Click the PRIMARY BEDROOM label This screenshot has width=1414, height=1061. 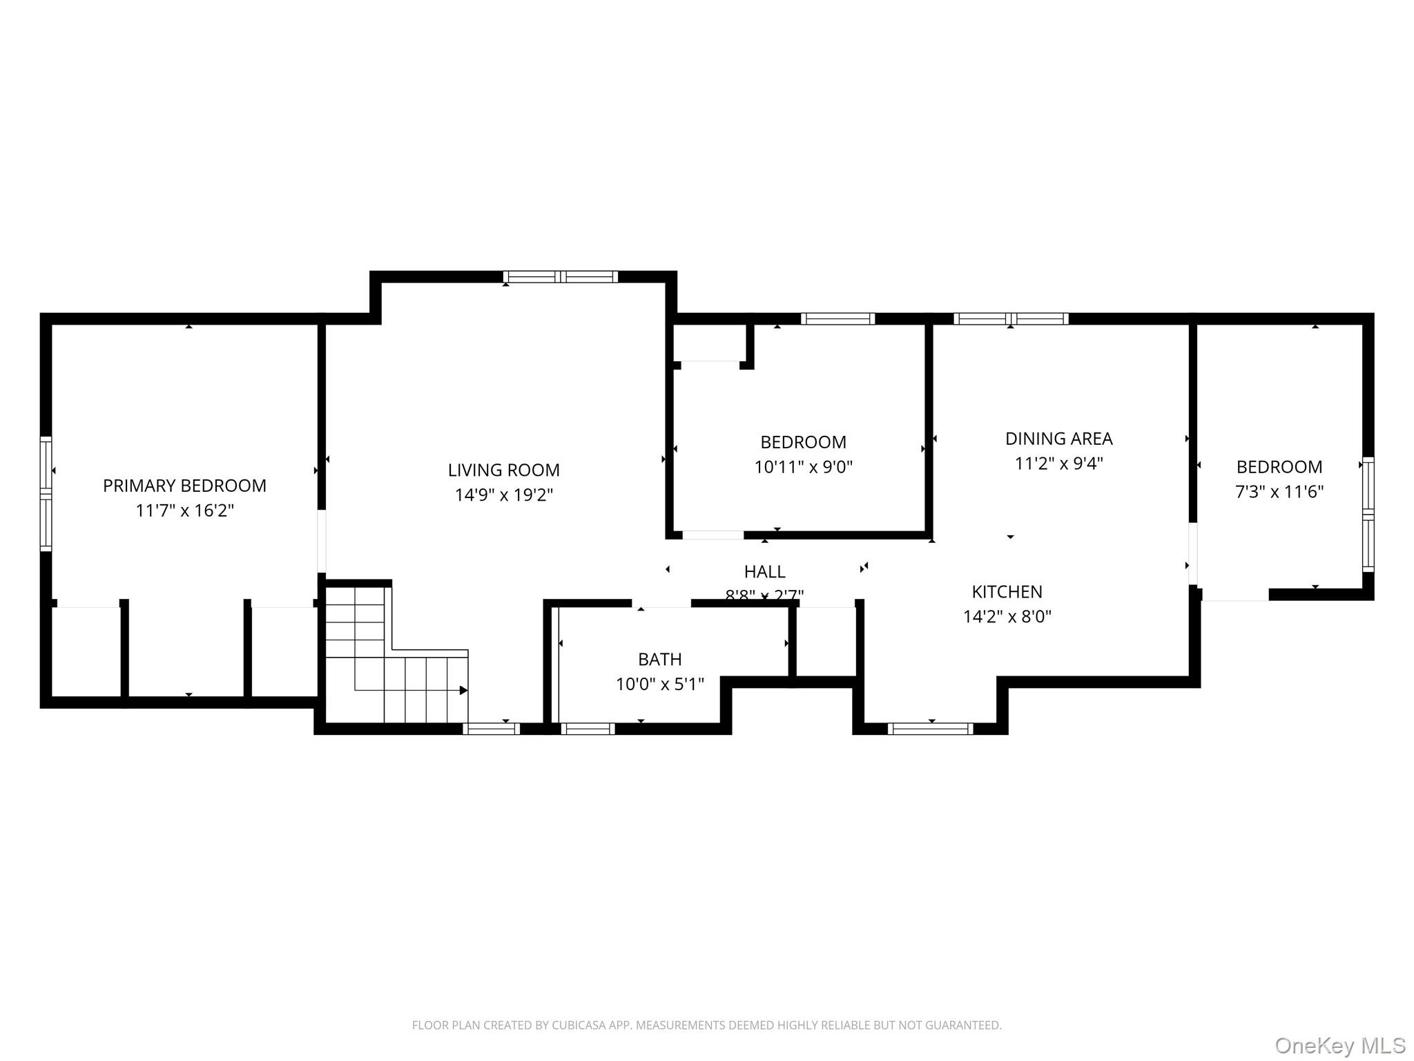pyautogui.click(x=184, y=486)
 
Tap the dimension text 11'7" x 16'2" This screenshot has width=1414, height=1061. pyautogui.click(x=184, y=511)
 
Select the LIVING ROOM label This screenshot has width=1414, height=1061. pyautogui.click(x=503, y=470)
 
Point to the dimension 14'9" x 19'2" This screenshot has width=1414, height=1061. pyautogui.click(x=503, y=495)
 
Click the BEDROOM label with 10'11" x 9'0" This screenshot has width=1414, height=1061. pyautogui.click(x=803, y=442)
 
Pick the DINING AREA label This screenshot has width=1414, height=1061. pyautogui.click(x=1058, y=439)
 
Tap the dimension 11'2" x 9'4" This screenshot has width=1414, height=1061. pyautogui.click(x=1058, y=463)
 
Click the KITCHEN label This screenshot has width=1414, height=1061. pyautogui.click(x=1007, y=592)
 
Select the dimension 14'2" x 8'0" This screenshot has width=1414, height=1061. pyautogui.click(x=1007, y=617)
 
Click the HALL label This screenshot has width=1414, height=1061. pyautogui.click(x=764, y=572)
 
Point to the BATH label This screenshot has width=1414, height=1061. pyautogui.click(x=659, y=660)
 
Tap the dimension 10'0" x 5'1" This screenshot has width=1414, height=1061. pyautogui.click(x=659, y=685)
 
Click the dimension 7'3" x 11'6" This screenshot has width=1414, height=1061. pyautogui.click(x=1279, y=492)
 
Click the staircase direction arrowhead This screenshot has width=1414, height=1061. pyautogui.click(x=464, y=690)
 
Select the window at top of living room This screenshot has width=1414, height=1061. pyautogui.click(x=560, y=277)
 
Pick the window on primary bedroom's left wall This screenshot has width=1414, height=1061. pyautogui.click(x=46, y=493)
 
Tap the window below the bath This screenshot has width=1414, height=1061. pyautogui.click(x=588, y=729)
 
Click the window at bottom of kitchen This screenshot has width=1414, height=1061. pyautogui.click(x=930, y=729)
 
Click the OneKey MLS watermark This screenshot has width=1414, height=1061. pyautogui.click(x=1339, y=1045)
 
